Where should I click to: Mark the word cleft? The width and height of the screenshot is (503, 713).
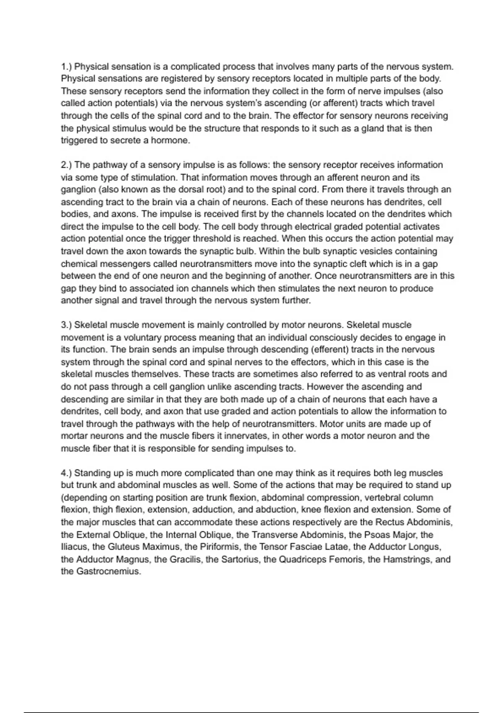[349, 264]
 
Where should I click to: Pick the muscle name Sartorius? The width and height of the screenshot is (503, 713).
[240, 559]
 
